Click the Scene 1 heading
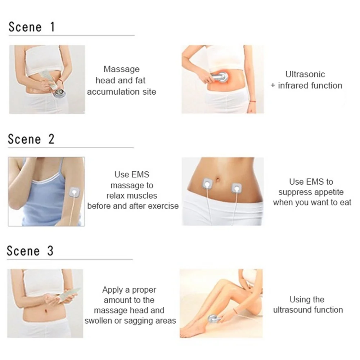[32, 27]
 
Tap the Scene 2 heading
[31, 139]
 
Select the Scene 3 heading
[30, 251]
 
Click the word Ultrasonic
[305, 74]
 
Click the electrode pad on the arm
[74, 192]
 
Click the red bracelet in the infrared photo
[253, 101]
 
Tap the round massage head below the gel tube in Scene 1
[58, 93]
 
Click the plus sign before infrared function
[273, 86]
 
